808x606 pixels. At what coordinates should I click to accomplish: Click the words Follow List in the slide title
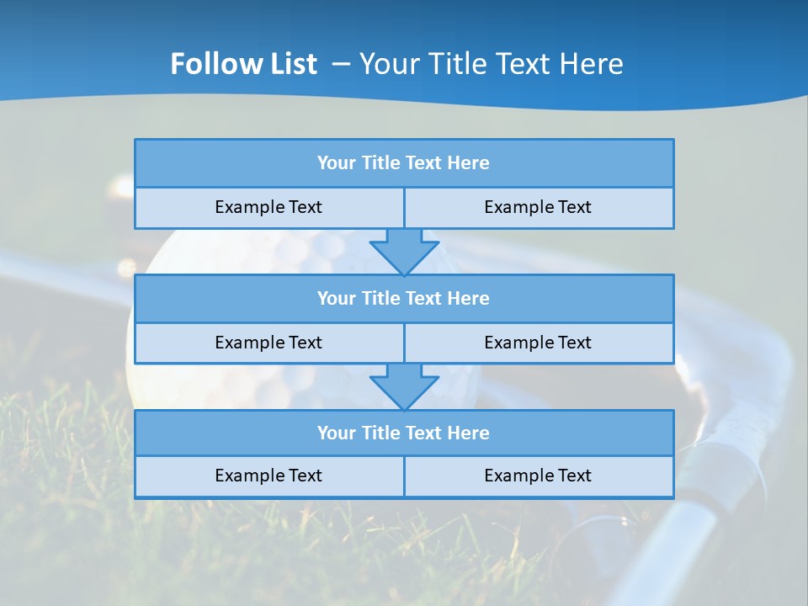click(243, 64)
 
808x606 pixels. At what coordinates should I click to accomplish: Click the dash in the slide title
click(341, 64)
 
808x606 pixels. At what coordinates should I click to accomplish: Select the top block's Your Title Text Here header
click(403, 163)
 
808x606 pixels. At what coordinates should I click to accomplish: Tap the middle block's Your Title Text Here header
click(403, 298)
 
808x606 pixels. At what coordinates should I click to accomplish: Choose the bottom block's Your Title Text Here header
click(403, 433)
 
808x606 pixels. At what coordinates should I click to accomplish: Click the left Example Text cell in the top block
click(268, 207)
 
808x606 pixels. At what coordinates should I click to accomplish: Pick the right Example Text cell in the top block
click(538, 207)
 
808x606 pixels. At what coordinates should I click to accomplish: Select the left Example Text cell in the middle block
click(268, 343)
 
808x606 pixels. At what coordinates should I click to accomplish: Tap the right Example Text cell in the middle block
click(538, 343)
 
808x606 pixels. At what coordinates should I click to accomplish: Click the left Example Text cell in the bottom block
click(268, 476)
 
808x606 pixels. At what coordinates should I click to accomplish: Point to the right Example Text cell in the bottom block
click(538, 476)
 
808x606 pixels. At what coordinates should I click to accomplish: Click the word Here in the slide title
click(593, 64)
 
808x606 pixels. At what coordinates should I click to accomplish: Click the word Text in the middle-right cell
click(574, 343)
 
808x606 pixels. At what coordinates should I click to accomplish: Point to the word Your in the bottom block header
click(336, 433)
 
